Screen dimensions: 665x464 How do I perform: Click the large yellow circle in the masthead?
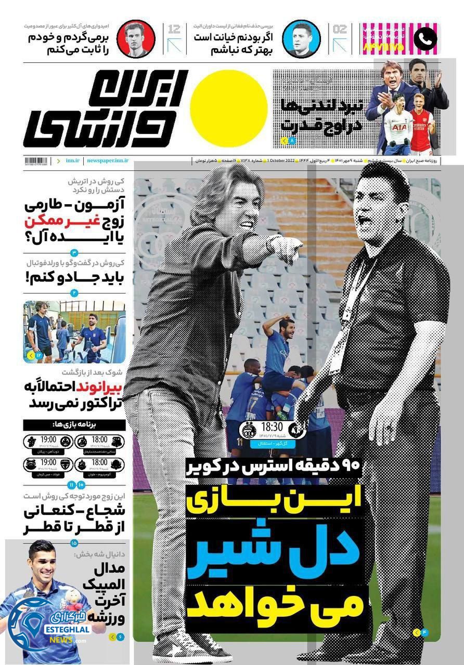(229, 108)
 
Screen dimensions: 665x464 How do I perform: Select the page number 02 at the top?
(339, 30)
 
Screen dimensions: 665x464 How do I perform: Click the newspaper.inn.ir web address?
(108, 162)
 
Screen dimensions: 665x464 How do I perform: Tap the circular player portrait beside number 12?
(135, 38)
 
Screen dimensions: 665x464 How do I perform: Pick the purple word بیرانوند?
(101, 388)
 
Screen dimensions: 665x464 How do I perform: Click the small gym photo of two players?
(74, 331)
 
